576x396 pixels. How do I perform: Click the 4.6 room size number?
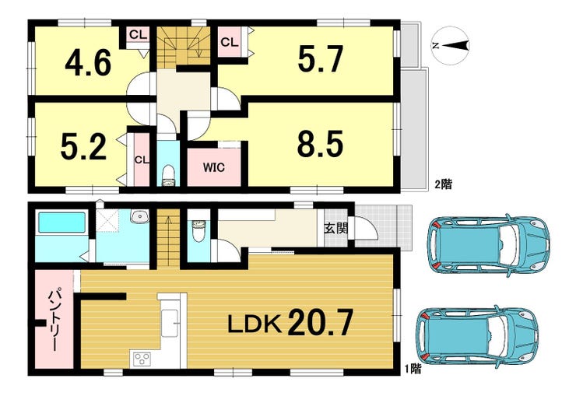point(88,63)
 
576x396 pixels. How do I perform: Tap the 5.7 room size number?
point(321,58)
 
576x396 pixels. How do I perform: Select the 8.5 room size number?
point(321,143)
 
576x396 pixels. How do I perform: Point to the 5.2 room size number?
point(83,147)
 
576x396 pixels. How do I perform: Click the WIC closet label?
point(214,168)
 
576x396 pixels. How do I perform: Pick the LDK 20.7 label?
point(290,323)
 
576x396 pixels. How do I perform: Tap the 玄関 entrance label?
point(335,228)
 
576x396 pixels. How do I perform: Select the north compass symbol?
point(451,45)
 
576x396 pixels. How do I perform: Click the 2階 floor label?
point(444,184)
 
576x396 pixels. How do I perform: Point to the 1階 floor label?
point(413,369)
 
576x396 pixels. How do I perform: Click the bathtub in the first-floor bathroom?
point(62,223)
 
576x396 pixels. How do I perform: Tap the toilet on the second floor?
point(169,175)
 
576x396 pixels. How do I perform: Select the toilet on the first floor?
point(198,231)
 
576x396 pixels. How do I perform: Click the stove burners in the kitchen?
point(142,358)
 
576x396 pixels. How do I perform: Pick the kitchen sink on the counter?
point(170,323)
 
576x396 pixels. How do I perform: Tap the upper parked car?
point(489,245)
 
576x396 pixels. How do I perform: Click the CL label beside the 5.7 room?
point(230,42)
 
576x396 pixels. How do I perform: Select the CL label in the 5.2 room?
point(142,160)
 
